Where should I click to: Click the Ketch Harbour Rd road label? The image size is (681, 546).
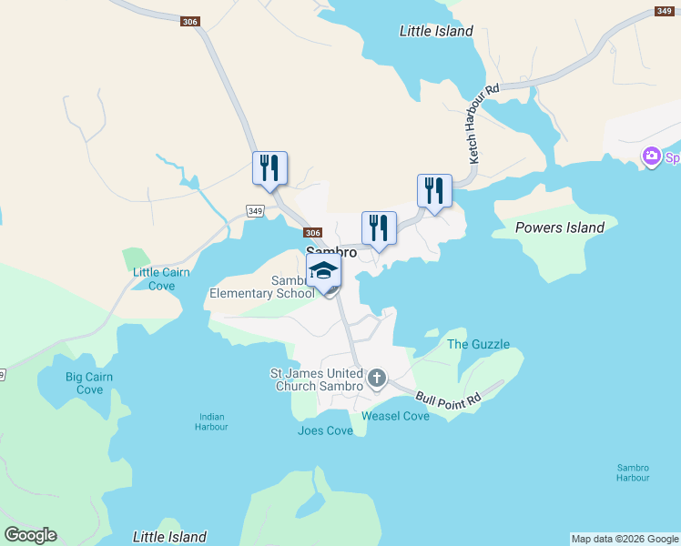tap(484, 124)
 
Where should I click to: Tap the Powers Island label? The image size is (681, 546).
tap(560, 227)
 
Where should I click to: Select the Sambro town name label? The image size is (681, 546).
tap(330, 252)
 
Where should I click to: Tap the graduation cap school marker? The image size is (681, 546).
tap(323, 271)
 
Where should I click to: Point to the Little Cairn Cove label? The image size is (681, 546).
tap(153, 278)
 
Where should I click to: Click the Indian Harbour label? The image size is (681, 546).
tap(212, 421)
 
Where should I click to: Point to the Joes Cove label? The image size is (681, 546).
tap(325, 430)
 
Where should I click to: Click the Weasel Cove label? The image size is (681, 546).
tap(395, 416)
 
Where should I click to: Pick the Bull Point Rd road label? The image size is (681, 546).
tap(449, 398)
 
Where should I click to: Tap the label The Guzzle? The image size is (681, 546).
tap(478, 344)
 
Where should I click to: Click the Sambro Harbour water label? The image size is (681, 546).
tap(633, 472)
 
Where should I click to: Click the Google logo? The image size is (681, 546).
tap(30, 535)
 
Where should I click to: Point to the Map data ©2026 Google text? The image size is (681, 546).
tap(625, 539)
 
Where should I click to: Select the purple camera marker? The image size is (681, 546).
tap(652, 157)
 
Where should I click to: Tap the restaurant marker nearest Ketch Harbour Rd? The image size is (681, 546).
tap(433, 191)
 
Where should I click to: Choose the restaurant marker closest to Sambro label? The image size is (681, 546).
tap(379, 228)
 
